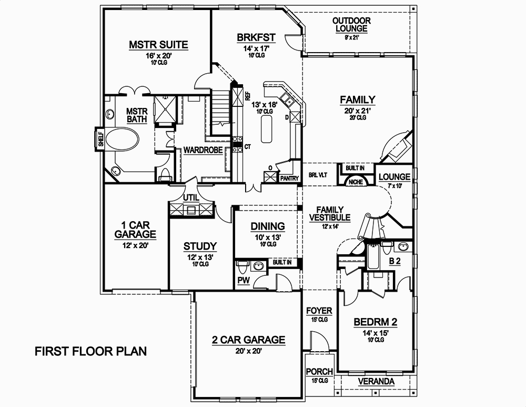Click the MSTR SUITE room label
click(158, 44)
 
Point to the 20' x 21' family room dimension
click(357, 111)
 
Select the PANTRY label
click(289, 179)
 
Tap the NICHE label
click(354, 182)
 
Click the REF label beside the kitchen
click(247, 96)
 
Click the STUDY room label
click(200, 246)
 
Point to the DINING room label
click(267, 226)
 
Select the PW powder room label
click(242, 281)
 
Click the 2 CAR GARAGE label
click(248, 340)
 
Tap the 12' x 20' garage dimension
click(135, 245)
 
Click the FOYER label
click(319, 311)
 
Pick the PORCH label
click(317, 372)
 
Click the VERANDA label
click(377, 381)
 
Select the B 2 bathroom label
click(395, 261)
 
